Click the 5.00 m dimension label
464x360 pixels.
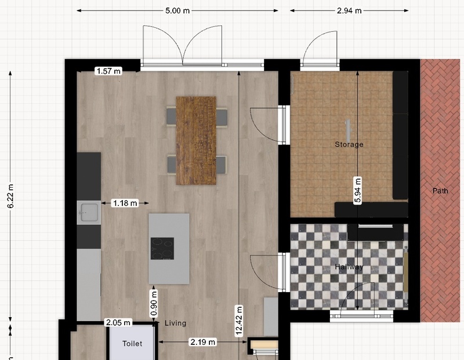177,10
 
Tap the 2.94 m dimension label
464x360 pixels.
349,10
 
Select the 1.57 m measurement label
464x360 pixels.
108,71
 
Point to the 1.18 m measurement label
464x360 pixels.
125,203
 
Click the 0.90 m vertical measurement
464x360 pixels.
154,303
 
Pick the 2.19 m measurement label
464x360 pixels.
202,342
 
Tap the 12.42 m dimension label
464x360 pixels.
239,321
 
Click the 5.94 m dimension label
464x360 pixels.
357,191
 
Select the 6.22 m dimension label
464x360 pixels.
10,196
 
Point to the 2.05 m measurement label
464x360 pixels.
118,322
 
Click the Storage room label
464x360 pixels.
349,144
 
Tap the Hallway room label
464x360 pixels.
349,267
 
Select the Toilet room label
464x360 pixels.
132,343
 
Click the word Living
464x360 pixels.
176,323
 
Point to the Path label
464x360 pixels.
440,191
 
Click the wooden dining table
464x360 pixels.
196,140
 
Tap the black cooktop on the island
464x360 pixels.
162,249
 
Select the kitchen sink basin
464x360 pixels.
89,212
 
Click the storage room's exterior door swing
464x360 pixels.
320,48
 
